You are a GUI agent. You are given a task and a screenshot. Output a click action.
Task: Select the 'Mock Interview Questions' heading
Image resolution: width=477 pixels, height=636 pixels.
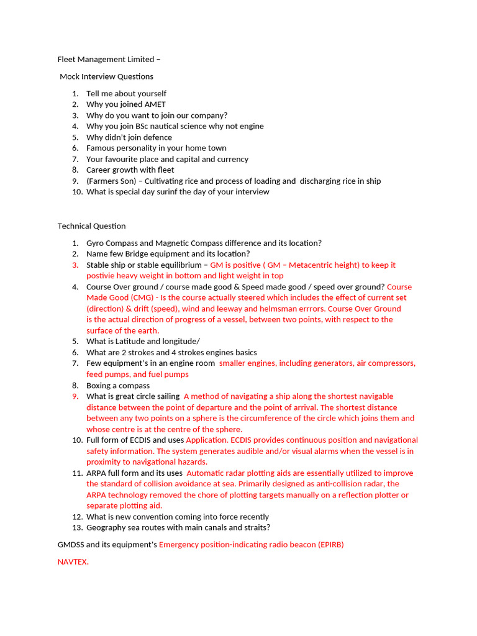[106, 76]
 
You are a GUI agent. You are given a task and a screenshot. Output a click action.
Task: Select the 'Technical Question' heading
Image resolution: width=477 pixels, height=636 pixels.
[91, 226]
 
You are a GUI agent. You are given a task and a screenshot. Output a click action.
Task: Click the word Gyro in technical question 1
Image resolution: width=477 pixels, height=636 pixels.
[96, 243]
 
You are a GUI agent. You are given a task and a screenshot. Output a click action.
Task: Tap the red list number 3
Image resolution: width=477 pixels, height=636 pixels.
[75, 265]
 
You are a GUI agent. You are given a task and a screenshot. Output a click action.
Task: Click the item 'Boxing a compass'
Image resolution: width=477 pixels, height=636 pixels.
[118, 385]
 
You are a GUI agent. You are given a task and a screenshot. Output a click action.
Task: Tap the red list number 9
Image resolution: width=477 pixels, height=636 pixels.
[75, 396]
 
